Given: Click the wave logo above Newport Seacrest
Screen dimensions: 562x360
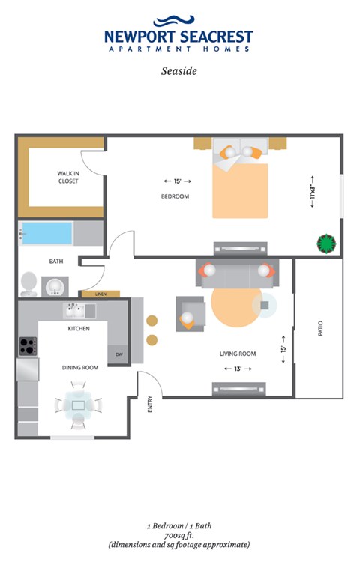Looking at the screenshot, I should pos(178,21).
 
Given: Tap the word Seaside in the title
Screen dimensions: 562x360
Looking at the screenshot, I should pos(178,73).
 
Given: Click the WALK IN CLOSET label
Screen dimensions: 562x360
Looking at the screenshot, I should pos(67,177).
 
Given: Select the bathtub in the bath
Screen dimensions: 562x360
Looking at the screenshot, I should pos(46,233).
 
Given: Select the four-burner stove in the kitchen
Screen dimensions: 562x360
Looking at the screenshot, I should pos(28,346).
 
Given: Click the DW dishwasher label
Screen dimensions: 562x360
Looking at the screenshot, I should pos(118,354).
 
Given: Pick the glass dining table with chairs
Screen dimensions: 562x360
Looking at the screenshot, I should pos(78,405).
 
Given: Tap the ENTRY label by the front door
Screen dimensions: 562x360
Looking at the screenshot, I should pos(150,405).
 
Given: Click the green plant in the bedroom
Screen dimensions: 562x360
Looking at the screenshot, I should pos(326,243).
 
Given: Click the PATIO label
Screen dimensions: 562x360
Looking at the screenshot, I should pos(319,328).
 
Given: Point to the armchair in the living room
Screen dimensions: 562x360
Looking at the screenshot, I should pos(189,313).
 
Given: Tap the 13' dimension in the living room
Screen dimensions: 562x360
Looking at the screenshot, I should pos(238,369).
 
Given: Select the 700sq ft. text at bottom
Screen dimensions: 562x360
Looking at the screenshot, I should pos(178,535).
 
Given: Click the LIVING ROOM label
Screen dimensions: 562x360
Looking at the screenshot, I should pos(238,354).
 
